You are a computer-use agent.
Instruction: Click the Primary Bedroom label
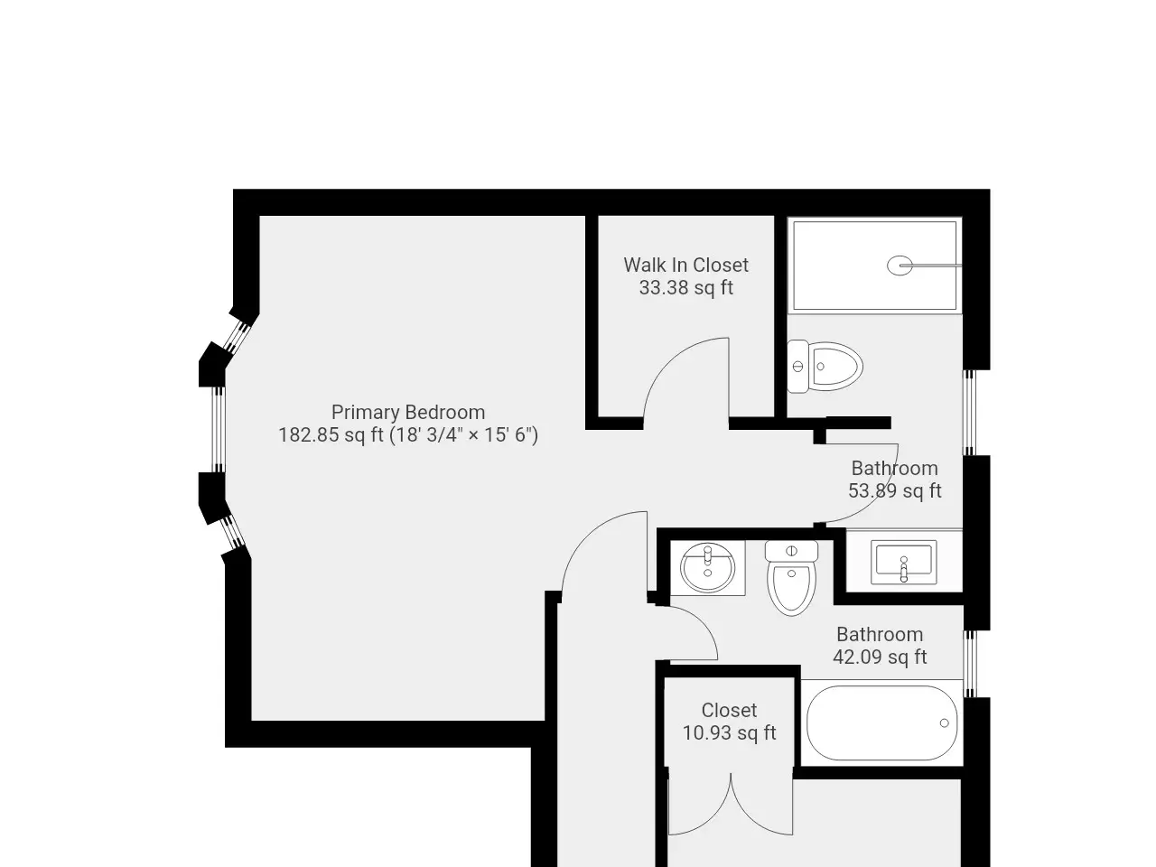(408, 412)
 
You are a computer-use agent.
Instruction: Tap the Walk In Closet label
(685, 265)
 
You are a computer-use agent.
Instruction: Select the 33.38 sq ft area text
(685, 287)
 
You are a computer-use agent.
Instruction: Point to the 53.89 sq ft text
(894, 490)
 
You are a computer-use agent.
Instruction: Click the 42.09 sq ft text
(880, 657)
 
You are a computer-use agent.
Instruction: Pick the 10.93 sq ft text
(729, 732)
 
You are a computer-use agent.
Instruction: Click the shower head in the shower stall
(900, 266)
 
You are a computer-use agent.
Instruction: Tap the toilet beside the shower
(825, 367)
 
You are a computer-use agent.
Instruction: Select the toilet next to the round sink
(791, 578)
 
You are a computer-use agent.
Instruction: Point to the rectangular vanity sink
(904, 563)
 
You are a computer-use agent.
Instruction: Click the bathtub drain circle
(945, 722)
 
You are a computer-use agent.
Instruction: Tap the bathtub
(882, 722)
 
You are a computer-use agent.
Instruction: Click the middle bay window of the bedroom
(218, 430)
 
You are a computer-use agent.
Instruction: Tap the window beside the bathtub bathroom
(970, 664)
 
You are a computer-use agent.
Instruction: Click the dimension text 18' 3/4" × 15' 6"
(463, 435)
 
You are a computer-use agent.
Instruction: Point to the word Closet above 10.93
(729, 710)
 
